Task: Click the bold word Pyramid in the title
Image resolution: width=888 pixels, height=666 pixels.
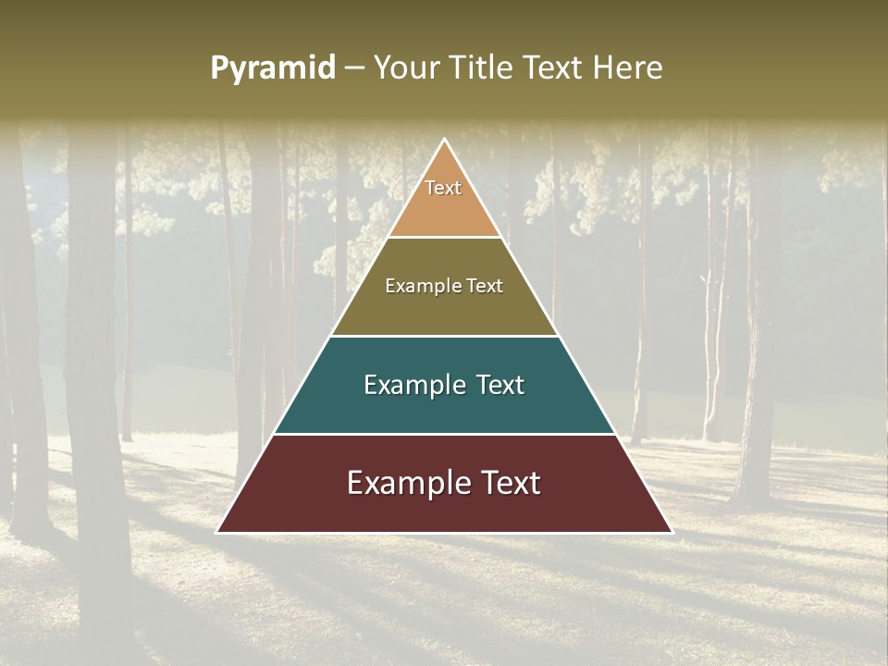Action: [x=272, y=68]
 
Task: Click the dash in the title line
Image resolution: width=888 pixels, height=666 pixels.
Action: [x=353, y=68]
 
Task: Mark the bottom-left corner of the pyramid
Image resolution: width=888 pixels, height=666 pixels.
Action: [x=218, y=532]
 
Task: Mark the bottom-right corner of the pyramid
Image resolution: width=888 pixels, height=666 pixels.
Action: [x=671, y=532]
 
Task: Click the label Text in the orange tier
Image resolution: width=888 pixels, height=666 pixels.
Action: [x=443, y=188]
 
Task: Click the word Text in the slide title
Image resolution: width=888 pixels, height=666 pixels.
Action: [x=553, y=68]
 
